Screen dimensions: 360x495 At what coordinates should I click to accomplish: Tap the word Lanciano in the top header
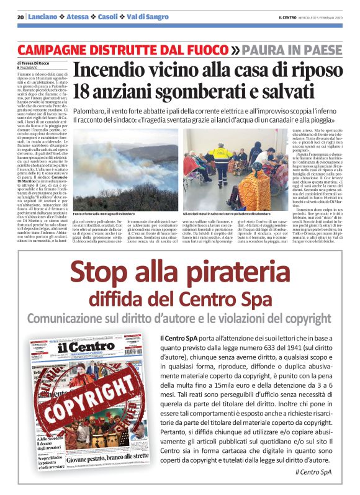point(46,17)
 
